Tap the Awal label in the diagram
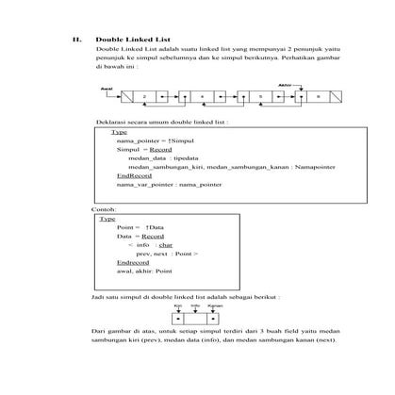(x=106, y=86)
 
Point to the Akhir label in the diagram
(x=285, y=84)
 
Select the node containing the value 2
(x=144, y=97)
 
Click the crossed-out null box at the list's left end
(x=123, y=97)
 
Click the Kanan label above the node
(x=215, y=305)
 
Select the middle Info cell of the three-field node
(x=196, y=318)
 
